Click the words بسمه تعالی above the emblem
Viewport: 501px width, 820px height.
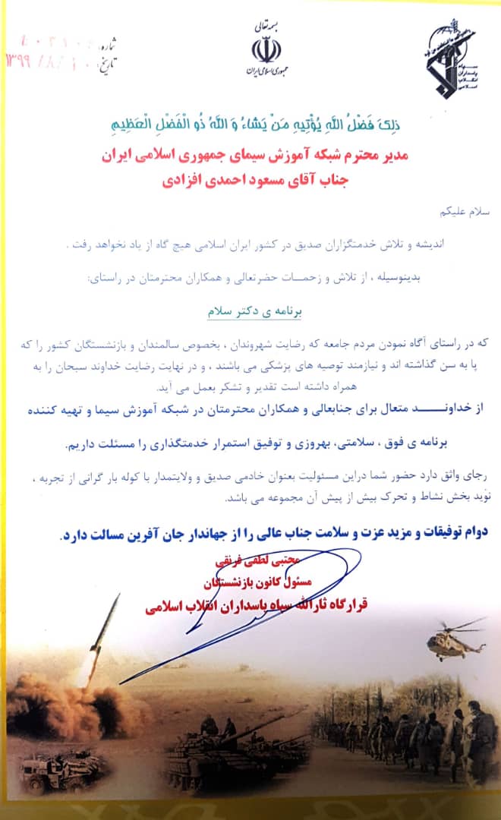point(266,27)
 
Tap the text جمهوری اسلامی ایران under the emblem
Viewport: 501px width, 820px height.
point(266,72)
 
